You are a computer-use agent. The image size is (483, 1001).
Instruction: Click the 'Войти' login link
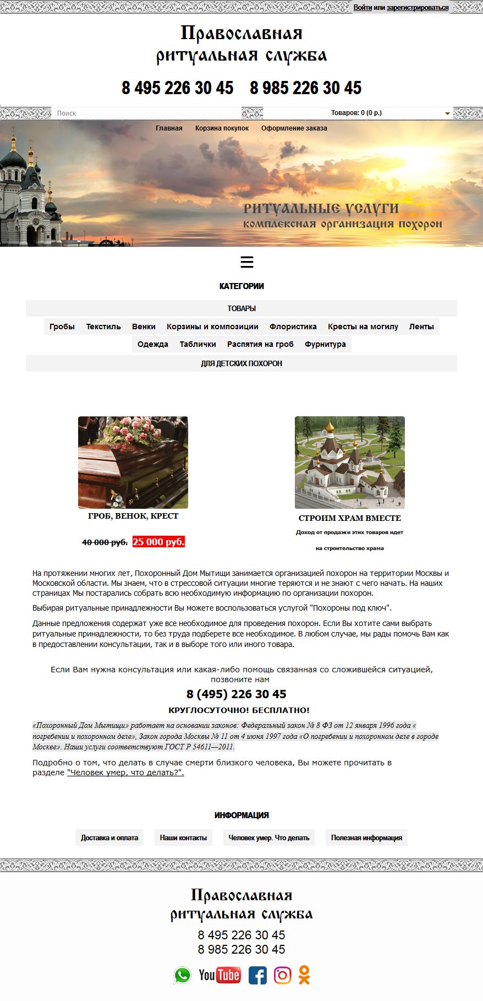point(363,8)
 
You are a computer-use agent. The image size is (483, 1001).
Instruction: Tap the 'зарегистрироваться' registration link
point(418,8)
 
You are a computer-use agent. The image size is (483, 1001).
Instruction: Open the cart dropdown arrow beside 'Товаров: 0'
point(447,113)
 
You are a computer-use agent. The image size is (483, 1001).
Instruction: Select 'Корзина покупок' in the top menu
point(222,128)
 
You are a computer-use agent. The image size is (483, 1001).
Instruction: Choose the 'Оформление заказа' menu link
point(294,128)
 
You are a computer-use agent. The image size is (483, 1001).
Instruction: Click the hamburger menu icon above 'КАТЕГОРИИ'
point(247,262)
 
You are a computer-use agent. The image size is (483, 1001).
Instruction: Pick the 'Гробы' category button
point(62,327)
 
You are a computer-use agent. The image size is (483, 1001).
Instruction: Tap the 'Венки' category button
point(144,327)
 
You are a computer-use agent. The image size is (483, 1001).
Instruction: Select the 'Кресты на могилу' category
point(363,327)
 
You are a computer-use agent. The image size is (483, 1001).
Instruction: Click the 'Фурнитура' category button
point(325,344)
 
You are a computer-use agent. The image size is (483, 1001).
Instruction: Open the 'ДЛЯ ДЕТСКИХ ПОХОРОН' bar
point(241,363)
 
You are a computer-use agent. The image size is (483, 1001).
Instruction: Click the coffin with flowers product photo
point(133,463)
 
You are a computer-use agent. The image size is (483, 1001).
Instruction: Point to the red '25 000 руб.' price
point(158,542)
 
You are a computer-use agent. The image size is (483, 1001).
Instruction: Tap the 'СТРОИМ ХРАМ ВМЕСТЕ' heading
point(350,518)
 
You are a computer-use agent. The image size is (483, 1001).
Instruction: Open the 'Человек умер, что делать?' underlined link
point(125,773)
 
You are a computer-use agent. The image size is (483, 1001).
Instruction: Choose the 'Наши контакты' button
point(183,837)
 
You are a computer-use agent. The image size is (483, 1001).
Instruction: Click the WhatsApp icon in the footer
point(182,975)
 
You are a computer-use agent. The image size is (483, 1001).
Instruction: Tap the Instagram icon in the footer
point(282,975)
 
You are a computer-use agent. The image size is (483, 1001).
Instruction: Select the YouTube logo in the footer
point(219,975)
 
